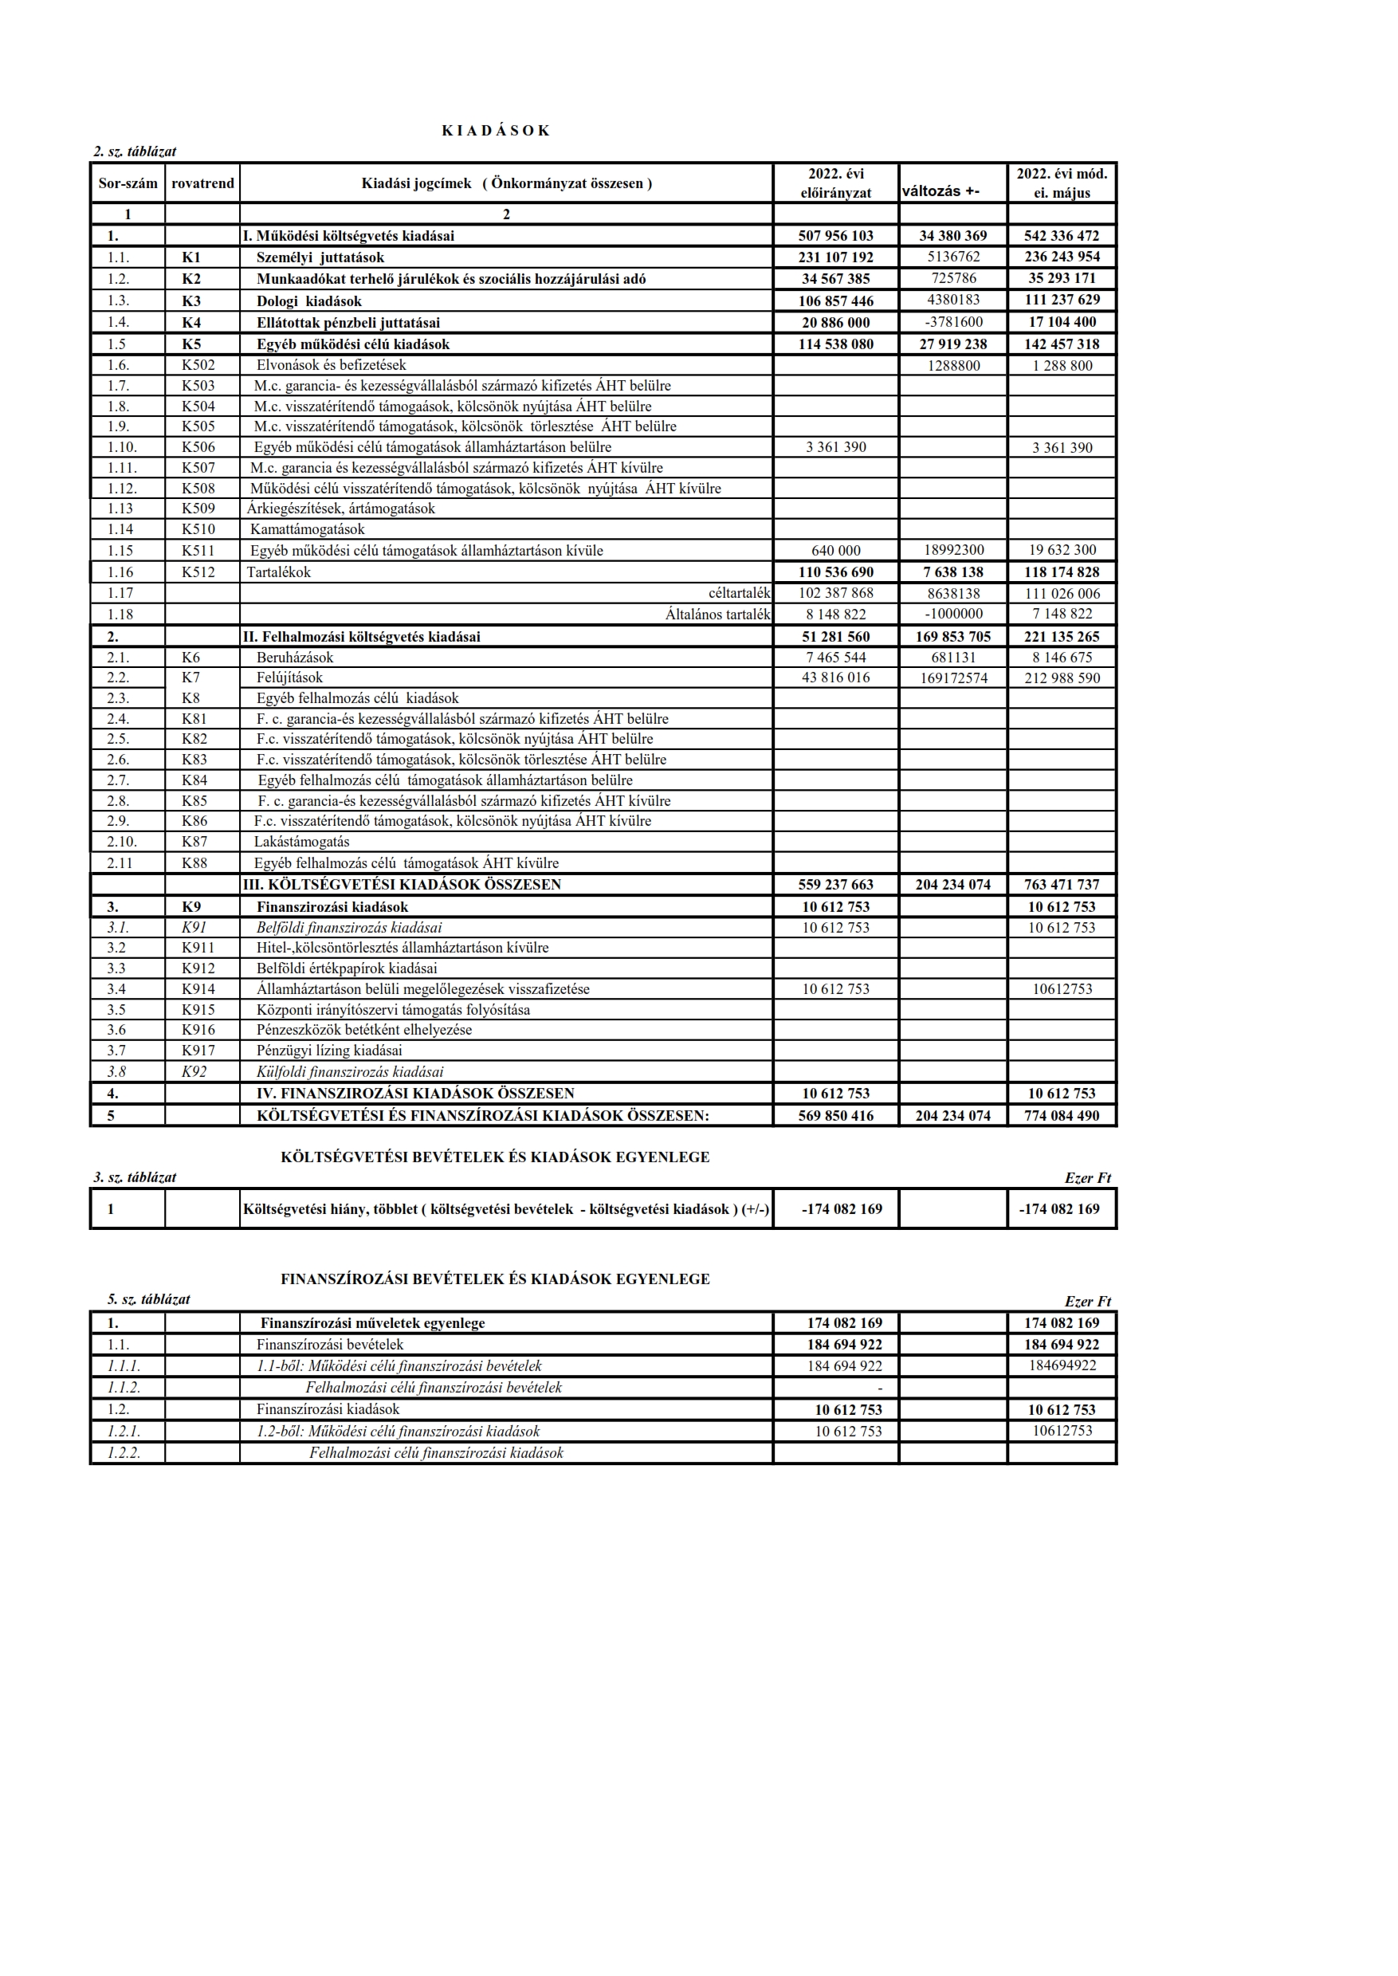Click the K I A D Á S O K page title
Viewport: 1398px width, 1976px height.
tap(495, 131)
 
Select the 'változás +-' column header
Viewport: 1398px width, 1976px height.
tap(940, 191)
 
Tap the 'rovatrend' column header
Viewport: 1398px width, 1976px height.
tap(202, 183)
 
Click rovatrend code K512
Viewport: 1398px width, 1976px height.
tap(198, 572)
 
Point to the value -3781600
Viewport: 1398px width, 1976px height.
tap(953, 322)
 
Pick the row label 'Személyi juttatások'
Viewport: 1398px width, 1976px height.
tap(320, 257)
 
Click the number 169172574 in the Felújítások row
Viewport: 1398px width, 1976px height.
tap(953, 678)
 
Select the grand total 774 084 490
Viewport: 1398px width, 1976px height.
tap(1062, 1115)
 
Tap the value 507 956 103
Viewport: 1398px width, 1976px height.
tap(835, 236)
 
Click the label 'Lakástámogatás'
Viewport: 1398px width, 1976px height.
tap(301, 841)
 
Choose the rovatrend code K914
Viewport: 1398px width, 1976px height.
tap(198, 988)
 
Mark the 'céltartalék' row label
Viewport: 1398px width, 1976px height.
tap(739, 593)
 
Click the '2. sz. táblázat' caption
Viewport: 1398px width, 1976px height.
tap(135, 151)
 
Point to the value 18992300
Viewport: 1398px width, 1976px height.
tap(953, 550)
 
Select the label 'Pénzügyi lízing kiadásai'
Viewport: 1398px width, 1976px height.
tap(329, 1051)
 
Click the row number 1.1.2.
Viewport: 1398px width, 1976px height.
tap(124, 1387)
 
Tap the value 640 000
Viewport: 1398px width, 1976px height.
tap(835, 550)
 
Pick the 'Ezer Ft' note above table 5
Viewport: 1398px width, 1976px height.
tap(1087, 1301)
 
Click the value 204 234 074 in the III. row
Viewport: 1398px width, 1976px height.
tap(953, 884)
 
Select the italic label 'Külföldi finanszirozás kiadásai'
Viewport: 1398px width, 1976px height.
tap(349, 1072)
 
